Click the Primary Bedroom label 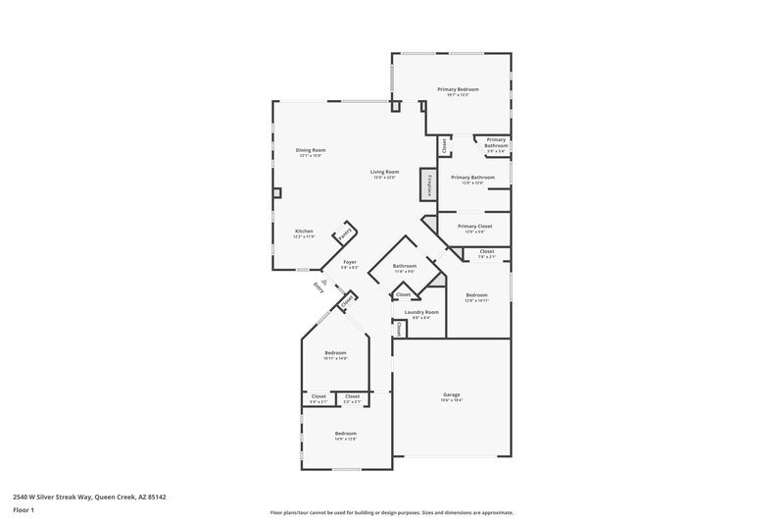[457, 90]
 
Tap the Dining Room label [310, 151]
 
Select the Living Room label [384, 173]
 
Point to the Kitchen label [304, 232]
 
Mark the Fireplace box [426, 183]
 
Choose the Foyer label [350, 263]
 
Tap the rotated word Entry [318, 287]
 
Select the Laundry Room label [421, 312]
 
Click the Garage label [451, 394]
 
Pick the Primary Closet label [472, 226]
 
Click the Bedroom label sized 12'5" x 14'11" [477, 295]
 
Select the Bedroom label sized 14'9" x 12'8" [345, 433]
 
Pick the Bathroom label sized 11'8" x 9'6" [405, 266]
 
